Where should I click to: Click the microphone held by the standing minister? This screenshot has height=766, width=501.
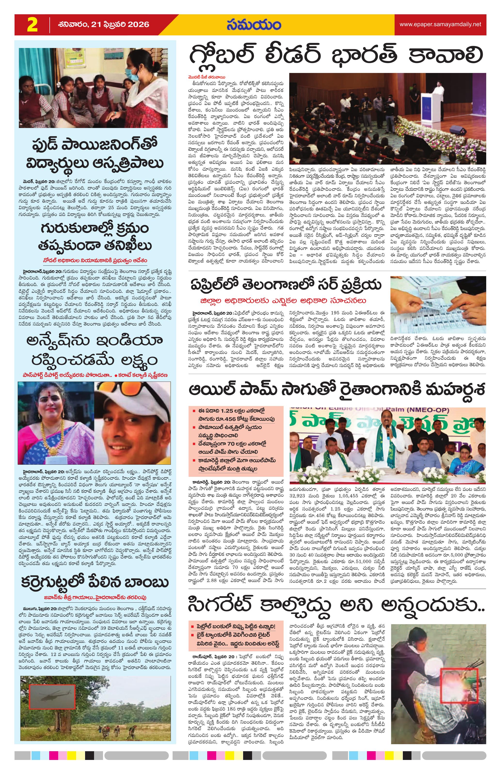pyautogui.click(x=388, y=432)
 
